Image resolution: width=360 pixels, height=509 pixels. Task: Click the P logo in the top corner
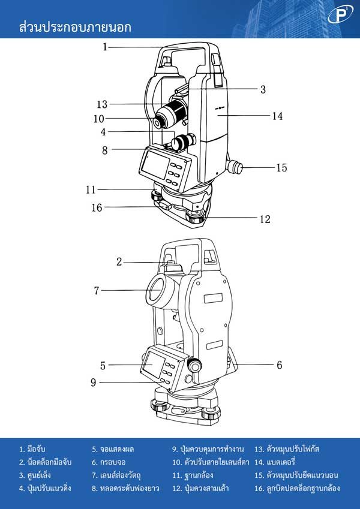coord(340,15)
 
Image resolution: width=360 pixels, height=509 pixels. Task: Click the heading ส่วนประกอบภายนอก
coord(75,27)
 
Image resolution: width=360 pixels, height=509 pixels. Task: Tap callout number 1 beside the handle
coord(105,47)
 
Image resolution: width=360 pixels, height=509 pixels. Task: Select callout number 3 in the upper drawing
coord(263,89)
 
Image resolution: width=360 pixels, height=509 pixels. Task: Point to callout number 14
coord(277,116)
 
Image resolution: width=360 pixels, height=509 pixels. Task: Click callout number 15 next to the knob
coord(281,167)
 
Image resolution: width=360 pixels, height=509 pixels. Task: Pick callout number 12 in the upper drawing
coord(265,219)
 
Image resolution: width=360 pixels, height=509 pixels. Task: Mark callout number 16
coord(97,207)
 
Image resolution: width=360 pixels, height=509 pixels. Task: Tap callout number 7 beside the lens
coord(97,291)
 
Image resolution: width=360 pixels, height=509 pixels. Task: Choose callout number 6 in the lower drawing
coord(280,365)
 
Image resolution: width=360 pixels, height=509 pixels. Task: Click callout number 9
coord(94,382)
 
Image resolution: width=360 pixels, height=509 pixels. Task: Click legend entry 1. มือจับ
coord(32,449)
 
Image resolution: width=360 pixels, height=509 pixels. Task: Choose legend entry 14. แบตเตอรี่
coord(275,462)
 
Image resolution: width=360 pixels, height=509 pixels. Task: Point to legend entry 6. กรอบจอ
coord(108,462)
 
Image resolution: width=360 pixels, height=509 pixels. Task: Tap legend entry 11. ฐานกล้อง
coord(193,475)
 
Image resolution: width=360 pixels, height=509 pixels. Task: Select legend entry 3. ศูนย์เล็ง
coord(35,475)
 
